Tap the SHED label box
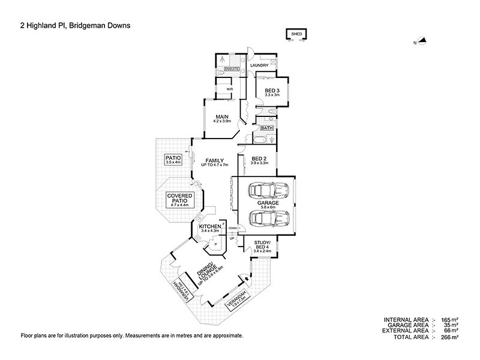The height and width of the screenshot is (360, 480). point(296,35)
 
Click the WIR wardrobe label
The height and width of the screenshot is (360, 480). point(229,89)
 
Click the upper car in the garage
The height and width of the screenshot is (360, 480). point(269,191)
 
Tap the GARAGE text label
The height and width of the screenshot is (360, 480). point(268,204)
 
